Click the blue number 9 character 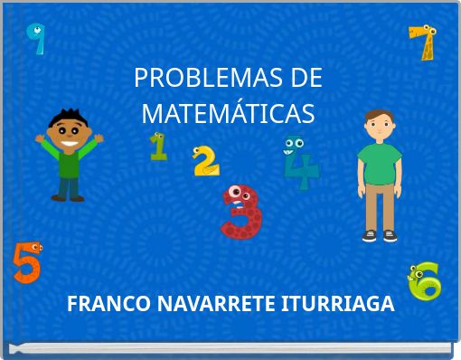click(x=37, y=38)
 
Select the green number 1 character click(x=158, y=146)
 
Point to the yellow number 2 click(x=206, y=160)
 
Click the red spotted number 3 click(x=241, y=212)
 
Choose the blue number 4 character click(x=300, y=162)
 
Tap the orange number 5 click(x=26, y=262)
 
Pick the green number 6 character click(x=424, y=281)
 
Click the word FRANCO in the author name click(x=99, y=304)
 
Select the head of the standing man click(x=379, y=124)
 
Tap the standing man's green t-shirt click(x=379, y=162)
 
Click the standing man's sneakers click(x=380, y=235)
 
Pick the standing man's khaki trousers click(x=380, y=204)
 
